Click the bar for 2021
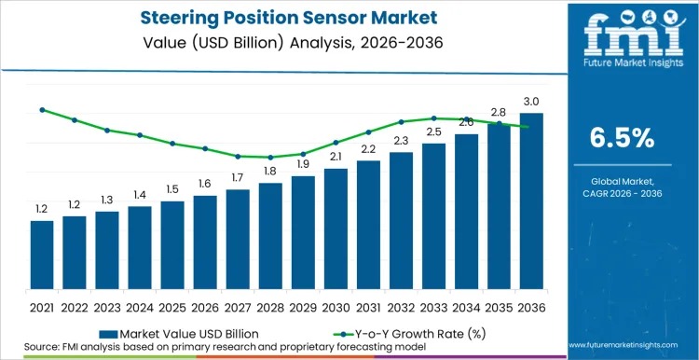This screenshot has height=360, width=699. coord(42,255)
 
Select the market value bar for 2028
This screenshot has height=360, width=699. coord(270,236)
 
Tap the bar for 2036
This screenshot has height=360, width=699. coord(531,201)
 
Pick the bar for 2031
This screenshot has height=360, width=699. coord(368,225)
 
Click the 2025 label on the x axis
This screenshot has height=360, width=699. coord(172,308)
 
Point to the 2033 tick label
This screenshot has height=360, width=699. coord(433,308)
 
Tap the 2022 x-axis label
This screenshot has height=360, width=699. coord(75,308)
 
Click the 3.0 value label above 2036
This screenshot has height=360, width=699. coord(531,102)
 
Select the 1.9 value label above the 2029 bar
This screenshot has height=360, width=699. coord(303,164)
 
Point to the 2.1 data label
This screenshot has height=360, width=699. coord(336,157)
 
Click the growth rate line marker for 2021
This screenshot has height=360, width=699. coord(42,110)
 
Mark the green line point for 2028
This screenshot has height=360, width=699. coord(270,157)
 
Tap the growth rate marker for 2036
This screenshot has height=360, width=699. coord(528,127)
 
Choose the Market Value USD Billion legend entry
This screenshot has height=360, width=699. coord(179,334)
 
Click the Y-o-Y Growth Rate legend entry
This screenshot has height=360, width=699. coord(410,334)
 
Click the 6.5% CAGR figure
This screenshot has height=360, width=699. coord(623,138)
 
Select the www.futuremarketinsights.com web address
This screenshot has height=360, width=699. coord(623,345)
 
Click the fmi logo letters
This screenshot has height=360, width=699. coord(633,35)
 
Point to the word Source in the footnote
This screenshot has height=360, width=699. coord(39,347)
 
